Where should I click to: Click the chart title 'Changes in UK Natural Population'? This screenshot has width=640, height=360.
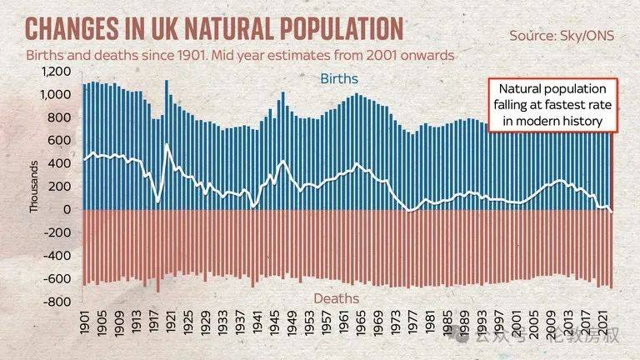(x=214, y=27)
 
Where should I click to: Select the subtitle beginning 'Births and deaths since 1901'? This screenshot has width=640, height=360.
(x=234, y=56)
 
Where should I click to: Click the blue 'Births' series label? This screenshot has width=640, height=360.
(x=338, y=78)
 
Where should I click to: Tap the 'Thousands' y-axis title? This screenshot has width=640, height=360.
(x=34, y=187)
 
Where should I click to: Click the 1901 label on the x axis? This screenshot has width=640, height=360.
(x=86, y=327)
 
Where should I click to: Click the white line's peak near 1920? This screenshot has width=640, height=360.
(x=167, y=145)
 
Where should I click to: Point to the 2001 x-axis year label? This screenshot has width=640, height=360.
(x=517, y=327)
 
